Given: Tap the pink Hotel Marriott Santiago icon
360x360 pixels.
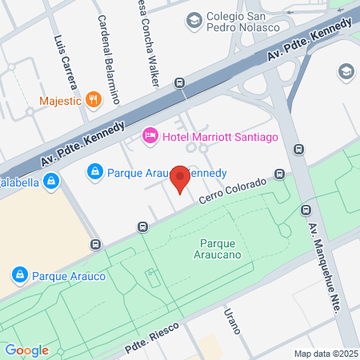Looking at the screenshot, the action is tap(149, 137).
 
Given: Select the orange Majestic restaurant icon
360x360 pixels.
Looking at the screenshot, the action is tap(94, 100).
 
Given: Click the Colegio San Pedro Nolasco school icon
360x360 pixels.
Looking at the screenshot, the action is tap(193, 20).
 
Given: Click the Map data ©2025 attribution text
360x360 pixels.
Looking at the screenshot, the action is tap(325, 354).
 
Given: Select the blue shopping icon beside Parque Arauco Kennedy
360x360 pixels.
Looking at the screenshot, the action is tap(94, 172).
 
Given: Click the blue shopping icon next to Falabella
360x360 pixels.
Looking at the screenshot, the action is tap(50, 182).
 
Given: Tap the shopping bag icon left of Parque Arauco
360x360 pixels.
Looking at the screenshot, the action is tap(19, 276).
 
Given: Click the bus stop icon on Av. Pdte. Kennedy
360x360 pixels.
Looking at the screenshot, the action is tap(179, 83).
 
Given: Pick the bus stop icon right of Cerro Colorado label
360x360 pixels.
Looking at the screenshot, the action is tap(279, 174).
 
